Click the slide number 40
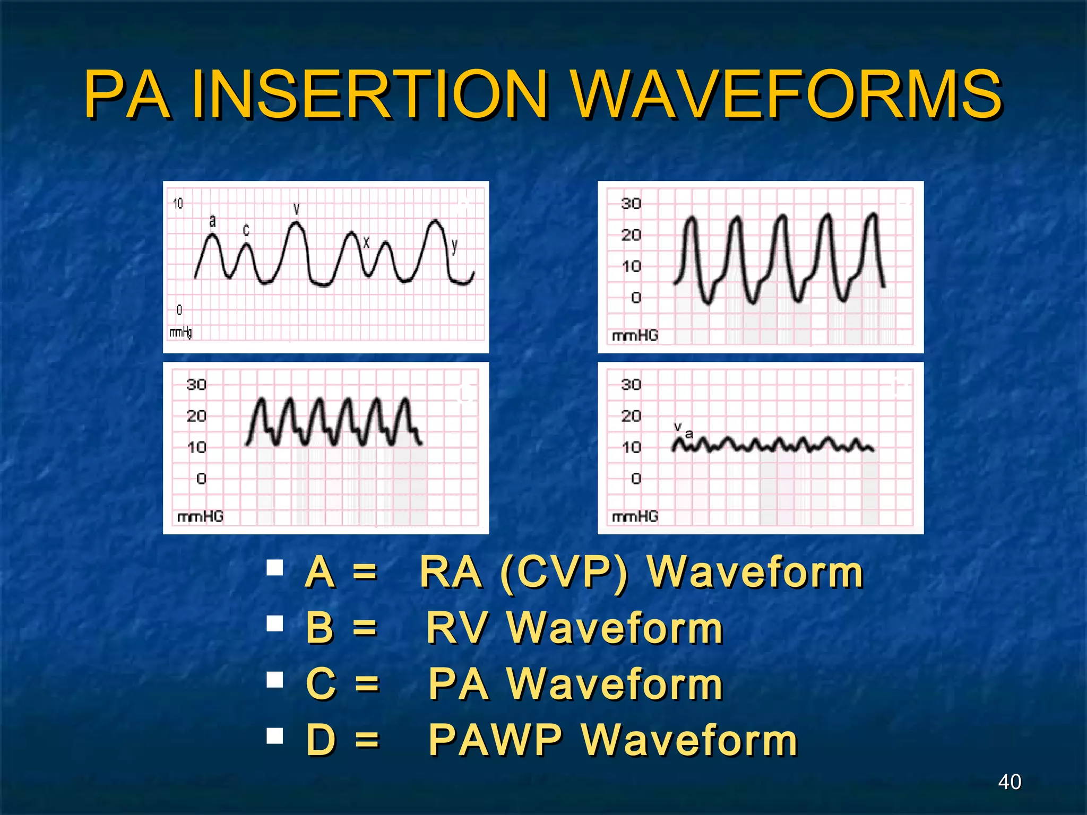tap(1009, 782)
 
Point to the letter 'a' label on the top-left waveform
tap(212, 220)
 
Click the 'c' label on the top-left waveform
tap(246, 230)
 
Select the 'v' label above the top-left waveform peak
tap(297, 209)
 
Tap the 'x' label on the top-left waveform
tap(366, 243)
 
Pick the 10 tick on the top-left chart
tap(178, 203)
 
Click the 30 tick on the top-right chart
tap(631, 203)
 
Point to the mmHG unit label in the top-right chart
tap(635, 335)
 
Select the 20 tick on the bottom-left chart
tap(196, 415)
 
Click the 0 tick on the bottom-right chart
tap(636, 479)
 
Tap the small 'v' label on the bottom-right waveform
tap(678, 426)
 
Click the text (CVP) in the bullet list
tap(564, 573)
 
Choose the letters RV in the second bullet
tap(456, 628)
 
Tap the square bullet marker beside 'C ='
tap(275, 680)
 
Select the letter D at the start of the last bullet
tap(321, 740)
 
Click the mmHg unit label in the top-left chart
tap(180, 333)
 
